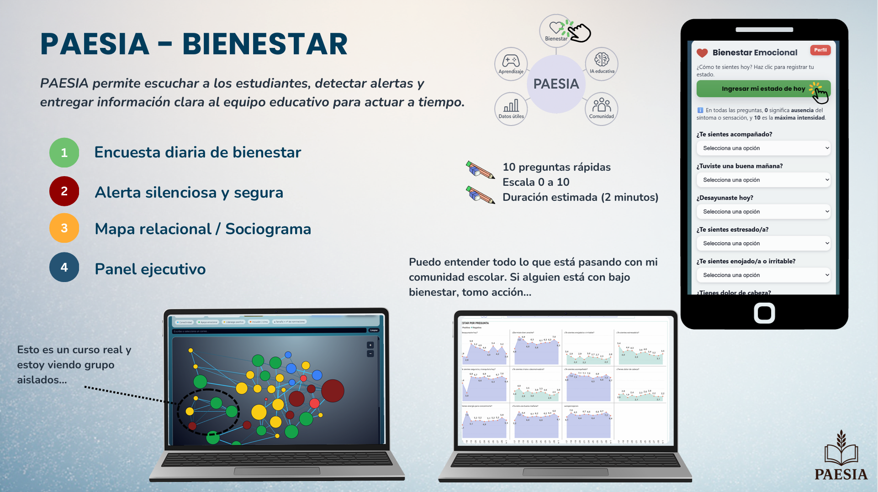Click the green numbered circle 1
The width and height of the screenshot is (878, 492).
[x=64, y=152]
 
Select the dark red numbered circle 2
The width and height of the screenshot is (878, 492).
[x=64, y=191]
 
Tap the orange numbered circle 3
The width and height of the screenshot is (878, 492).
[x=64, y=228]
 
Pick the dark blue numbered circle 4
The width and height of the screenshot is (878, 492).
[x=64, y=267]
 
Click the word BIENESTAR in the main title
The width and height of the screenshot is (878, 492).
[x=265, y=44]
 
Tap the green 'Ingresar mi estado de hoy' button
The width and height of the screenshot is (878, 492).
[x=763, y=89]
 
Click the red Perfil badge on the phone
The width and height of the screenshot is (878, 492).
[x=820, y=50]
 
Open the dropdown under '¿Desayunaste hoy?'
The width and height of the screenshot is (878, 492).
[x=763, y=212]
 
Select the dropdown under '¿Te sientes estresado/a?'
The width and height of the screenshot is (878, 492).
[x=763, y=243]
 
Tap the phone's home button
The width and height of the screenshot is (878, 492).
[x=764, y=313]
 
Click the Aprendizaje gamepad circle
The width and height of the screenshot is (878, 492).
[x=511, y=64]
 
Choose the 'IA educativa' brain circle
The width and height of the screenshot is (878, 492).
[x=602, y=64]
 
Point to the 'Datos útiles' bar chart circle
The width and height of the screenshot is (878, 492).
[x=511, y=109]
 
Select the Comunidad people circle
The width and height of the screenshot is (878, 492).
[x=601, y=109]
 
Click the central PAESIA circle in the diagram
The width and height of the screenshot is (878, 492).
[x=556, y=84]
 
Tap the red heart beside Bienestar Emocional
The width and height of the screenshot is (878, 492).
[x=702, y=53]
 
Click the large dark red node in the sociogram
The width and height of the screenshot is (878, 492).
[x=333, y=391]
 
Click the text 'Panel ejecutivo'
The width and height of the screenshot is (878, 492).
[x=150, y=269]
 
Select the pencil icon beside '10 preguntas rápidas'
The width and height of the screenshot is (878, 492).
[x=480, y=170]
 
